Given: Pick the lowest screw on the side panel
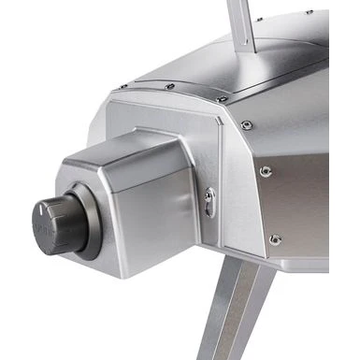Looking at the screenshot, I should [275, 239].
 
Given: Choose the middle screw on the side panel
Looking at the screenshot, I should [266, 171].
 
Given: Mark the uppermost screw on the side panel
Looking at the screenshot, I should [246, 124].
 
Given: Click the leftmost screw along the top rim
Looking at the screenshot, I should [122, 87].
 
